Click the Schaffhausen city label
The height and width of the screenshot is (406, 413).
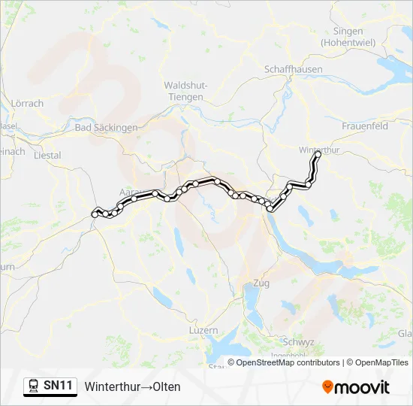tap(294, 69)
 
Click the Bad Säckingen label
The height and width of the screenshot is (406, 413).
tap(106, 128)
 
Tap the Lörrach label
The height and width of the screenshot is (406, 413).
tap(28, 103)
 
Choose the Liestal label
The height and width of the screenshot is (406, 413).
tap(47, 155)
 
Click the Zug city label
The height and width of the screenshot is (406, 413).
tap(262, 283)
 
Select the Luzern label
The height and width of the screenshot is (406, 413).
tap(203, 330)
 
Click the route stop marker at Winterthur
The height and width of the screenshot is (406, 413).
tap(318, 154)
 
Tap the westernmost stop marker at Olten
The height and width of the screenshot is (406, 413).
tap(95, 214)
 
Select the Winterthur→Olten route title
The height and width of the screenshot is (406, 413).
tap(133, 386)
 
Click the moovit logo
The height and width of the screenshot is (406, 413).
tap(356, 387)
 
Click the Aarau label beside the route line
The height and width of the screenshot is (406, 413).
tap(129, 193)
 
